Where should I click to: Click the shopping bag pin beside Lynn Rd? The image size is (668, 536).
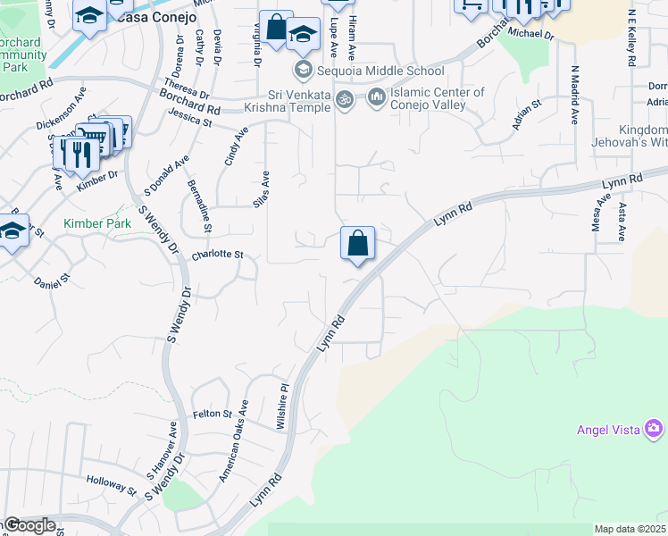[357, 244]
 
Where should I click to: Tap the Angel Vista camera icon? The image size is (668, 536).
[655, 430]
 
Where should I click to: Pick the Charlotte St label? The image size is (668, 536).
[218, 255]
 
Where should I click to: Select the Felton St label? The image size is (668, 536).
[212, 415]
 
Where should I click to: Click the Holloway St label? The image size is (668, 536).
[112, 486]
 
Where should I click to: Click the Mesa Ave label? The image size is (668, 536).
[596, 214]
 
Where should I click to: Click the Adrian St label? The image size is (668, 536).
[528, 116]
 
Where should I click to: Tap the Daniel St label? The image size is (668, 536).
[52, 282]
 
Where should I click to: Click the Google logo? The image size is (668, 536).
[29, 526]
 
